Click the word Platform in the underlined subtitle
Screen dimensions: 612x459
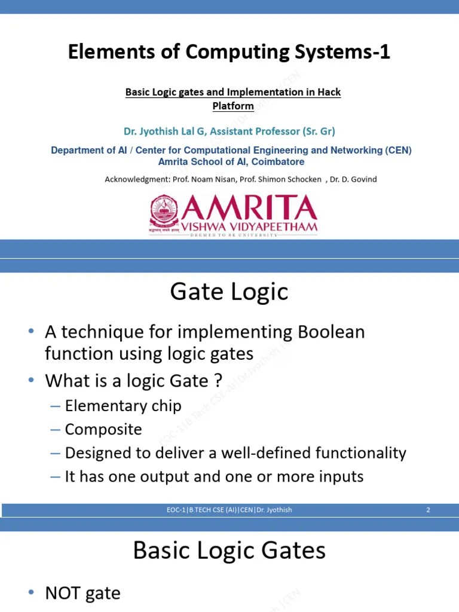pos(233,106)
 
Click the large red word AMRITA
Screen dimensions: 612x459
pos(250,209)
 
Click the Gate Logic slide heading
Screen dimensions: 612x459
pos(229,292)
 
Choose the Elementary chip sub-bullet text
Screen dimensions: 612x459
pos(123,406)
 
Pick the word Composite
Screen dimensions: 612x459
pos(103,430)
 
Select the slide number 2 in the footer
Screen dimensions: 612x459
pos(428,510)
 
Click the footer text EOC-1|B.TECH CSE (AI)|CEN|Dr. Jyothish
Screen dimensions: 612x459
pos(229,510)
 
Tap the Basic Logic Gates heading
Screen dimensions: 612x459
pos(229,550)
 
